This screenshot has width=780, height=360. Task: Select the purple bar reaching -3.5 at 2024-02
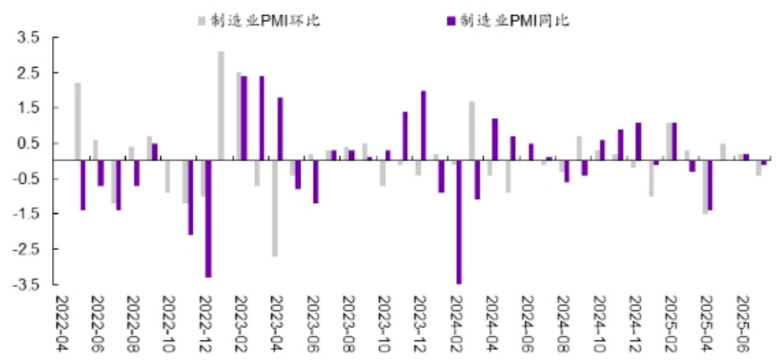point(460,222)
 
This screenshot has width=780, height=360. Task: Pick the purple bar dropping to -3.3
point(208,217)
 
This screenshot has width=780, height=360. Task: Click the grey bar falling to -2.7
point(274,207)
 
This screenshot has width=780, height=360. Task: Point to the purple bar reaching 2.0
point(424,125)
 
